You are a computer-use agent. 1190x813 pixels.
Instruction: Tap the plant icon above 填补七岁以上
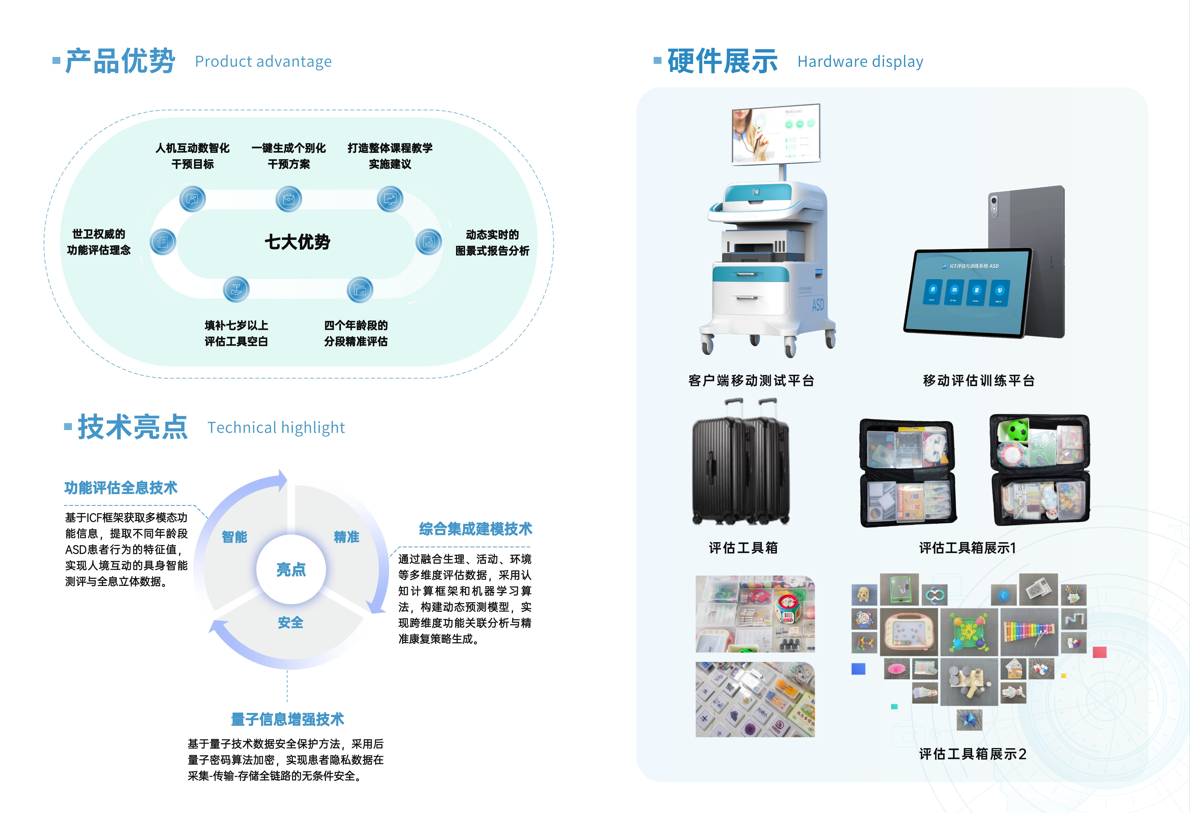236,289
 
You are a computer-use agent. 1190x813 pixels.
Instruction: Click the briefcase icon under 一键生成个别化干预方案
289,199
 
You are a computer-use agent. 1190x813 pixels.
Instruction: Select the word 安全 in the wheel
290,623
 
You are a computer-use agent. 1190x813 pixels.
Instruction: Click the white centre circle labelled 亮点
291,569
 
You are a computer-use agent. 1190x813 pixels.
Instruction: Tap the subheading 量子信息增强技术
287,719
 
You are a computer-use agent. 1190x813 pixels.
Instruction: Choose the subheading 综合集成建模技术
475,529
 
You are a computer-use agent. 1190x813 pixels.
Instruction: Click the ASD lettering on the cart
818,305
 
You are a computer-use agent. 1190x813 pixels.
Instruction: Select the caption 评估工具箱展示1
967,548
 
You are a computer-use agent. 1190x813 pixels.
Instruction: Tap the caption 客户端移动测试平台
751,380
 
